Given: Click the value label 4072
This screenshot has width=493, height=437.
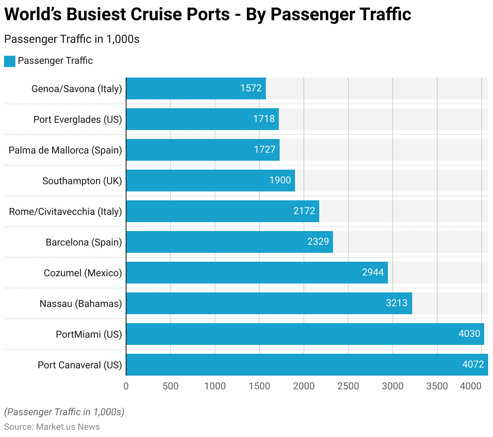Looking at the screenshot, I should (473, 364).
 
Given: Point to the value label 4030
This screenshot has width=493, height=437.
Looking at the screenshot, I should (469, 334).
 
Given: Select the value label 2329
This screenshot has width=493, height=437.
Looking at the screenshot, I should (318, 242).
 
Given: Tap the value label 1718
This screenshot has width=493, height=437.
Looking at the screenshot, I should (264, 119).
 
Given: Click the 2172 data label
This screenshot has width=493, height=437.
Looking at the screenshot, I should (304, 211).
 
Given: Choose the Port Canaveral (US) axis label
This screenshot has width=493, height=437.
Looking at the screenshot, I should (80, 365).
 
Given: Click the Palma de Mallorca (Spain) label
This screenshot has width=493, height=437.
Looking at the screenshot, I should (65, 150).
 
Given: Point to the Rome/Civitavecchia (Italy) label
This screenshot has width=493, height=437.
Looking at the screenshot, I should (65, 212).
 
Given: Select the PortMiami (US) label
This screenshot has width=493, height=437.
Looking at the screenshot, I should (88, 334).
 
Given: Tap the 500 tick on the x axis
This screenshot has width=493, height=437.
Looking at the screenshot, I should (171, 386).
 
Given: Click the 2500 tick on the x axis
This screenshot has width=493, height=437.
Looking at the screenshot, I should (348, 386).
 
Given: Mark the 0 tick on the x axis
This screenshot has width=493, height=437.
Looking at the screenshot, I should (126, 386).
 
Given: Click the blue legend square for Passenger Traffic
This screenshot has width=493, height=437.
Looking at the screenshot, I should (10, 61).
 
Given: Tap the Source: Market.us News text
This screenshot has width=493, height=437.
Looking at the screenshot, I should (52, 427).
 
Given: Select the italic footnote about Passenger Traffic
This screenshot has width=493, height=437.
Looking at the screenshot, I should (64, 412).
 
